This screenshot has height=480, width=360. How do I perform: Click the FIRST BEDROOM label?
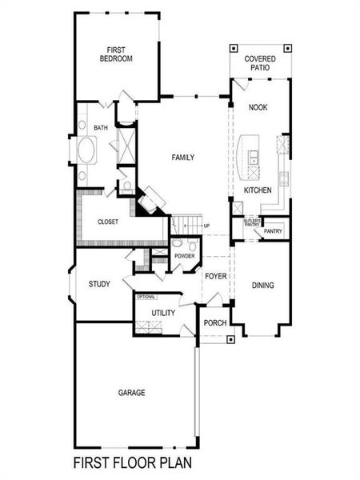(x=116, y=53)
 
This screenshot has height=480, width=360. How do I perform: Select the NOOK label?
(x=258, y=107)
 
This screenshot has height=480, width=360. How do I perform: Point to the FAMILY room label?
(x=183, y=158)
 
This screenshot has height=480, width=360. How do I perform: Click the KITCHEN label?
(x=258, y=190)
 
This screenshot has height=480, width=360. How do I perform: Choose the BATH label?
(x=101, y=128)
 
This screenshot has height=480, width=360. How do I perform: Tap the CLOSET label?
(x=109, y=222)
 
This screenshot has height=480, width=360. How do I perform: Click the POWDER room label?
(x=185, y=256)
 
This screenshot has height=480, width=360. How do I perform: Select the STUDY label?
(x=100, y=284)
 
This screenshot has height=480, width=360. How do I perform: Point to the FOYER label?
(x=215, y=276)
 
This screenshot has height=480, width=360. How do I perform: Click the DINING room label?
(x=263, y=285)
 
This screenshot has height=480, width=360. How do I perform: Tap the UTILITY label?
(x=163, y=313)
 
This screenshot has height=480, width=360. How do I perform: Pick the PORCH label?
(x=215, y=323)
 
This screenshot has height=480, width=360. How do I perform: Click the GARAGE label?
(x=131, y=393)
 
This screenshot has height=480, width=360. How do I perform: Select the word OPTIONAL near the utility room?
(x=146, y=297)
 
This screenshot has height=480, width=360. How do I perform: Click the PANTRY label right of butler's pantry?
(x=274, y=231)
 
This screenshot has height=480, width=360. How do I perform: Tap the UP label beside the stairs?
(x=207, y=226)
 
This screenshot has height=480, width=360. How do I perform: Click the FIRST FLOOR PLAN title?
(x=132, y=462)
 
